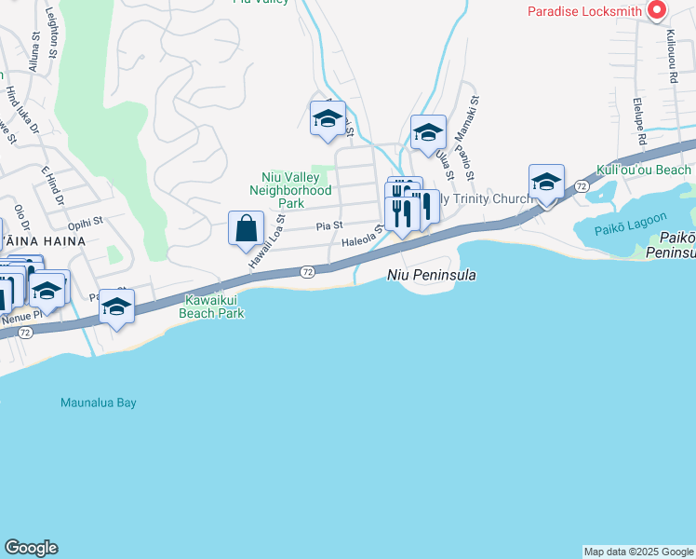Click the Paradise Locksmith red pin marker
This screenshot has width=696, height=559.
656,10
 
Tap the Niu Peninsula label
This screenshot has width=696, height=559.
432,275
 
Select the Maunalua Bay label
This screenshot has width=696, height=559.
99,402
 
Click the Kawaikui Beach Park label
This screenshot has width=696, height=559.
214,307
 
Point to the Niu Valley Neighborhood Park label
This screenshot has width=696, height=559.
291,190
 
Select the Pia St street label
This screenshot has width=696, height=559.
329,225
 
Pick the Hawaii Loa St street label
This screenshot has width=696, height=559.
265,242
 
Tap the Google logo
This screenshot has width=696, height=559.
31,548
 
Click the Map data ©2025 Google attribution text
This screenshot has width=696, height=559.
638,552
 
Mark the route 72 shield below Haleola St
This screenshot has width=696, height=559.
307,271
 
